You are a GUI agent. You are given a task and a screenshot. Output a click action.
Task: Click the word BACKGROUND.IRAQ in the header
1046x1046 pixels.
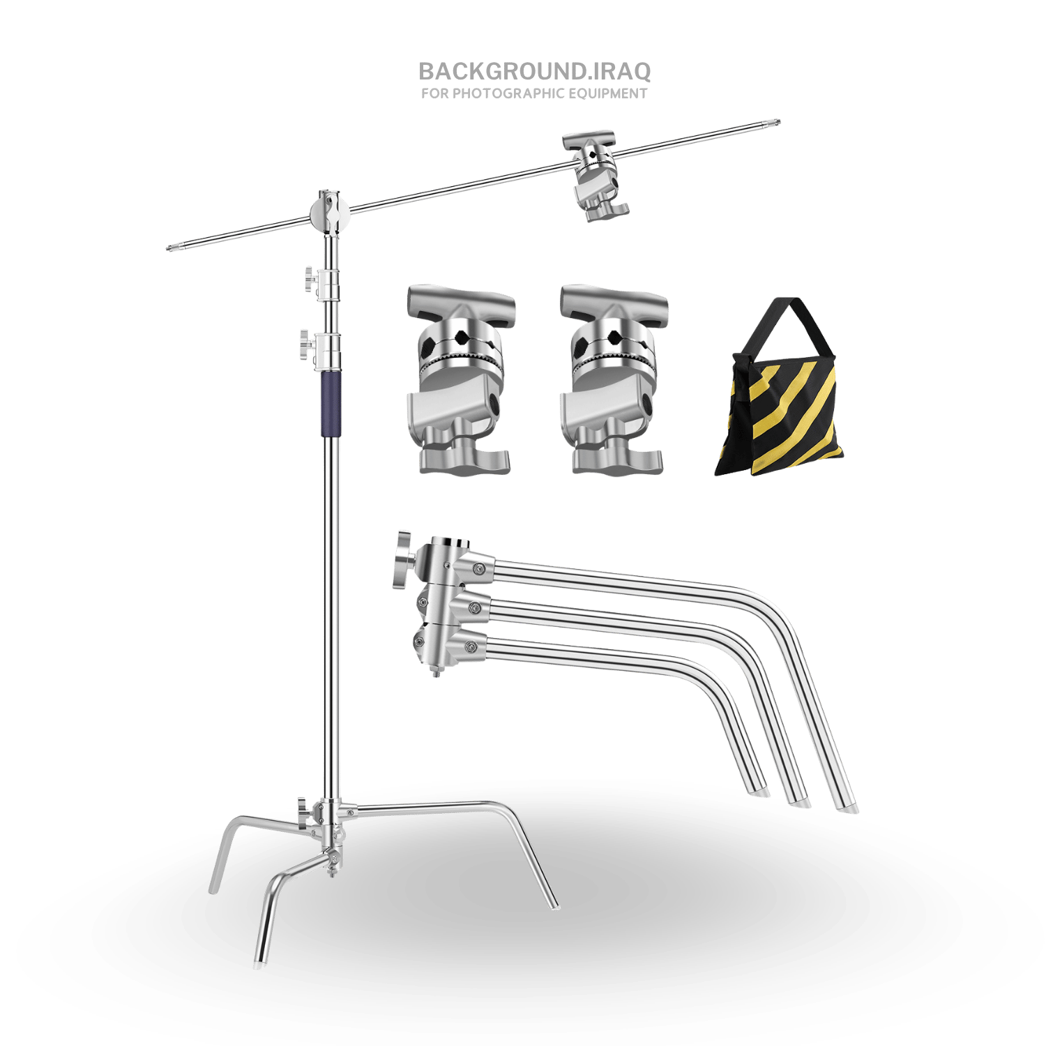click(x=535, y=71)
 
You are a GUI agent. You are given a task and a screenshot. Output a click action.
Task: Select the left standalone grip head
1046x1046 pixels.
click(x=461, y=379)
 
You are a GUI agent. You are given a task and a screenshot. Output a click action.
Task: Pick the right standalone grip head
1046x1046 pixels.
click(x=613, y=379)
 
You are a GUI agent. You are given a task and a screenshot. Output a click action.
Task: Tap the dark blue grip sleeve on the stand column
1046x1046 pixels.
click(x=332, y=404)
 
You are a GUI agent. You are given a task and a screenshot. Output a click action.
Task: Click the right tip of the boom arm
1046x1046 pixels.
click(x=779, y=123)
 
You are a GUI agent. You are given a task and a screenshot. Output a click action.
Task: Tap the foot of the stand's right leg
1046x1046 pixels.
click(x=554, y=905)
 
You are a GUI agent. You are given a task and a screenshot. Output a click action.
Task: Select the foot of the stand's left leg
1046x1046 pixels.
click(x=213, y=888)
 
